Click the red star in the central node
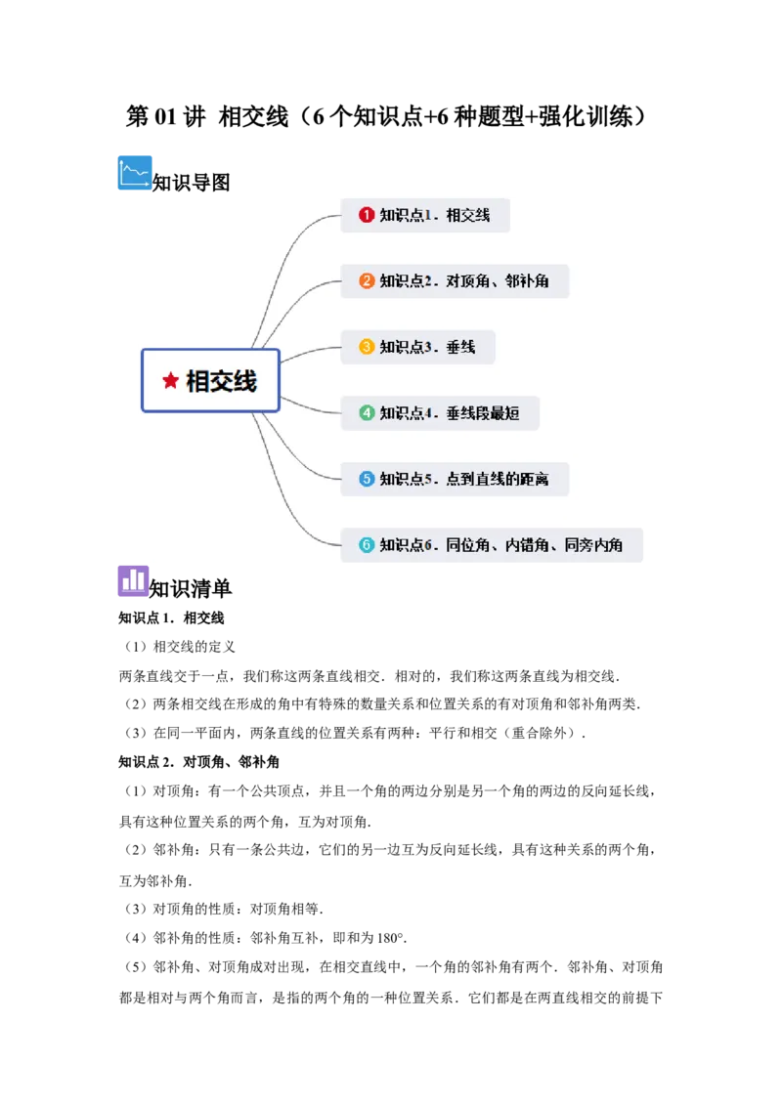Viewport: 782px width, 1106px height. [171, 381]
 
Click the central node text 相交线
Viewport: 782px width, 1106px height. [222, 381]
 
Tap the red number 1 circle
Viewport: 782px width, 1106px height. [367, 215]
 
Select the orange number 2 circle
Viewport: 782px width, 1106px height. [367, 281]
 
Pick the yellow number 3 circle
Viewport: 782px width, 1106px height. [367, 347]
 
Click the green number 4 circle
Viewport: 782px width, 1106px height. [367, 413]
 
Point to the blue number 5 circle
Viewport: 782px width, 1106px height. [367, 479]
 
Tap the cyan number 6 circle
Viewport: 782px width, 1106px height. [367, 545]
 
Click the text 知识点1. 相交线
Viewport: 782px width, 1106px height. [435, 215]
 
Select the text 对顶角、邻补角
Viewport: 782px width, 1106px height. [498, 281]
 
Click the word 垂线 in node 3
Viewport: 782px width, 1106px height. [460, 347]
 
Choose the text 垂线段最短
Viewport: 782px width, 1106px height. [483, 413]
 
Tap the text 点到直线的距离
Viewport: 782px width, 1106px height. [498, 479]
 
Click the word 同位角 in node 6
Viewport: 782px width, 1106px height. [467, 545]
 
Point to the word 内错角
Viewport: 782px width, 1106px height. [527, 545]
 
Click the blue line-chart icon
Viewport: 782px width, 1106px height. [136, 172]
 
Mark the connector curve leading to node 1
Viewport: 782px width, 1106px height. [288, 254]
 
